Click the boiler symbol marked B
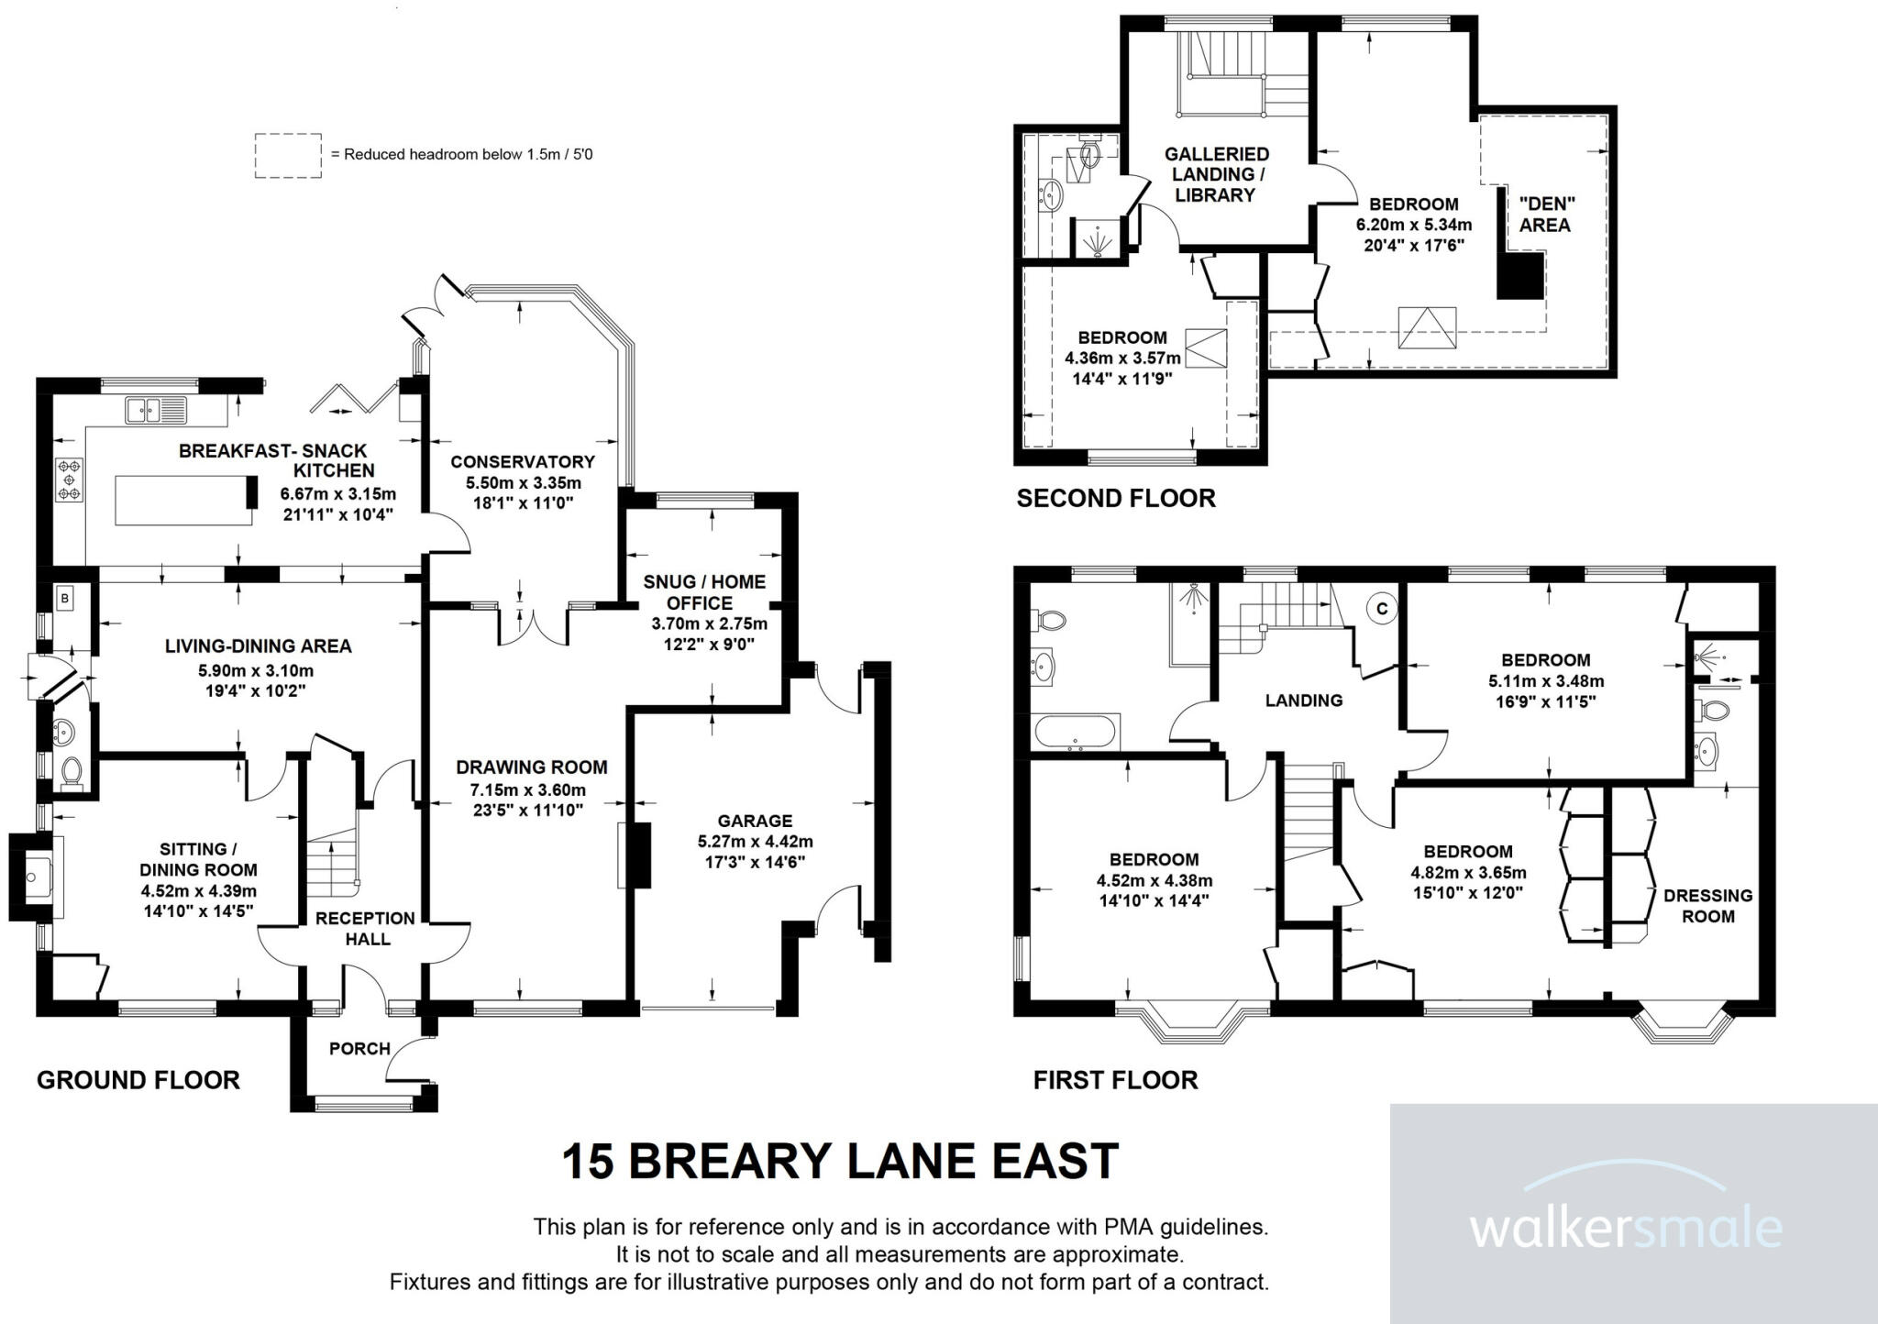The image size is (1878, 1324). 64,600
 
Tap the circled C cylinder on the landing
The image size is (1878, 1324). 1382,608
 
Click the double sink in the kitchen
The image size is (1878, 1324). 157,409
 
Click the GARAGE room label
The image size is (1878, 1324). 755,821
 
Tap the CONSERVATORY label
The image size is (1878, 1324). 522,462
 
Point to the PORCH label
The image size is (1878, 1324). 359,1048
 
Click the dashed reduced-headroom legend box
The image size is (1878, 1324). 288,155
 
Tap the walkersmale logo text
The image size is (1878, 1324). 1626,1228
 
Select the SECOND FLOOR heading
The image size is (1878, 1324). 1115,498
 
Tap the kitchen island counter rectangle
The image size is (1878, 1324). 183,500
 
